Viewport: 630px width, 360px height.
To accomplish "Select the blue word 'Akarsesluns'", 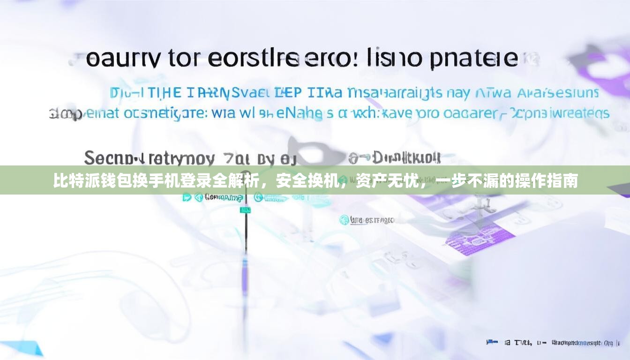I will point(558,93).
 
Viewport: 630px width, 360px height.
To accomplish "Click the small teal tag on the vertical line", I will point(245,210).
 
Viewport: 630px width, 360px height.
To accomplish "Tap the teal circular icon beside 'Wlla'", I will point(344,220).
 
